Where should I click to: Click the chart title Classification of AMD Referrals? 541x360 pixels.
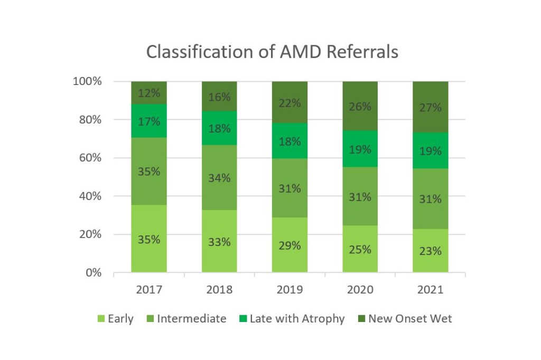[272, 52]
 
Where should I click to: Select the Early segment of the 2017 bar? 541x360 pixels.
[149, 239]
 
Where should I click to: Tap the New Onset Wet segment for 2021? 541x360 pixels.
[430, 107]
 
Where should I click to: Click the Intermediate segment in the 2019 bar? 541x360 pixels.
[290, 188]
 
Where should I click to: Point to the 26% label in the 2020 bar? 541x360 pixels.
[360, 106]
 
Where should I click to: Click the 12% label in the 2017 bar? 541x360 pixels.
[149, 93]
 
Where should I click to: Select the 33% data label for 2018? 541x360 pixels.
[219, 242]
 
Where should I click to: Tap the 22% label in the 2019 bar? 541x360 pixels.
[290, 103]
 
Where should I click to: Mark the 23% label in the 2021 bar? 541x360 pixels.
[430, 251]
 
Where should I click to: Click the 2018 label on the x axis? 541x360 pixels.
[219, 290]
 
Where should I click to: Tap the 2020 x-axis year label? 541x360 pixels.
[360, 290]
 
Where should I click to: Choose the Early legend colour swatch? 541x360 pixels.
[101, 319]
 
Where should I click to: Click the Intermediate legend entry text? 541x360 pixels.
[191, 319]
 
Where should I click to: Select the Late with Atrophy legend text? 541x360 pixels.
[297, 319]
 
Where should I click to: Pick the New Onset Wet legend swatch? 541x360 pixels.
[361, 319]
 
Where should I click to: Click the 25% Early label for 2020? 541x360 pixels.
[360, 249]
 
